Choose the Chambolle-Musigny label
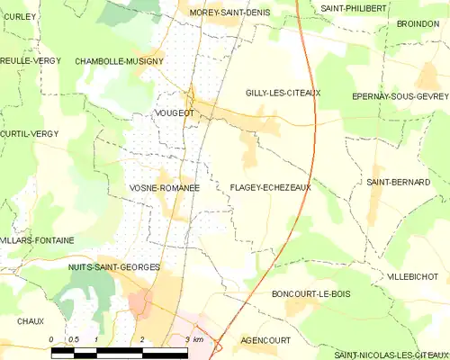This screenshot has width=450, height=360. tap(119, 60)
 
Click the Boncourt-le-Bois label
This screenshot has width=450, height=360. tap(310, 294)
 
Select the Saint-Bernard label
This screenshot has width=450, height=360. tap(398, 182)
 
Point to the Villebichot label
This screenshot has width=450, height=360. tap(412, 275)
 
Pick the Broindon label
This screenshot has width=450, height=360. tap(418, 25)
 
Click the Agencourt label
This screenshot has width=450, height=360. tap(265, 341)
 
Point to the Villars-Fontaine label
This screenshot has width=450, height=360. tap(36, 240)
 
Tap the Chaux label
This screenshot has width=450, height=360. tap(30, 320)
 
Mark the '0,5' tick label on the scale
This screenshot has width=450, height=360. tap(74, 339)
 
